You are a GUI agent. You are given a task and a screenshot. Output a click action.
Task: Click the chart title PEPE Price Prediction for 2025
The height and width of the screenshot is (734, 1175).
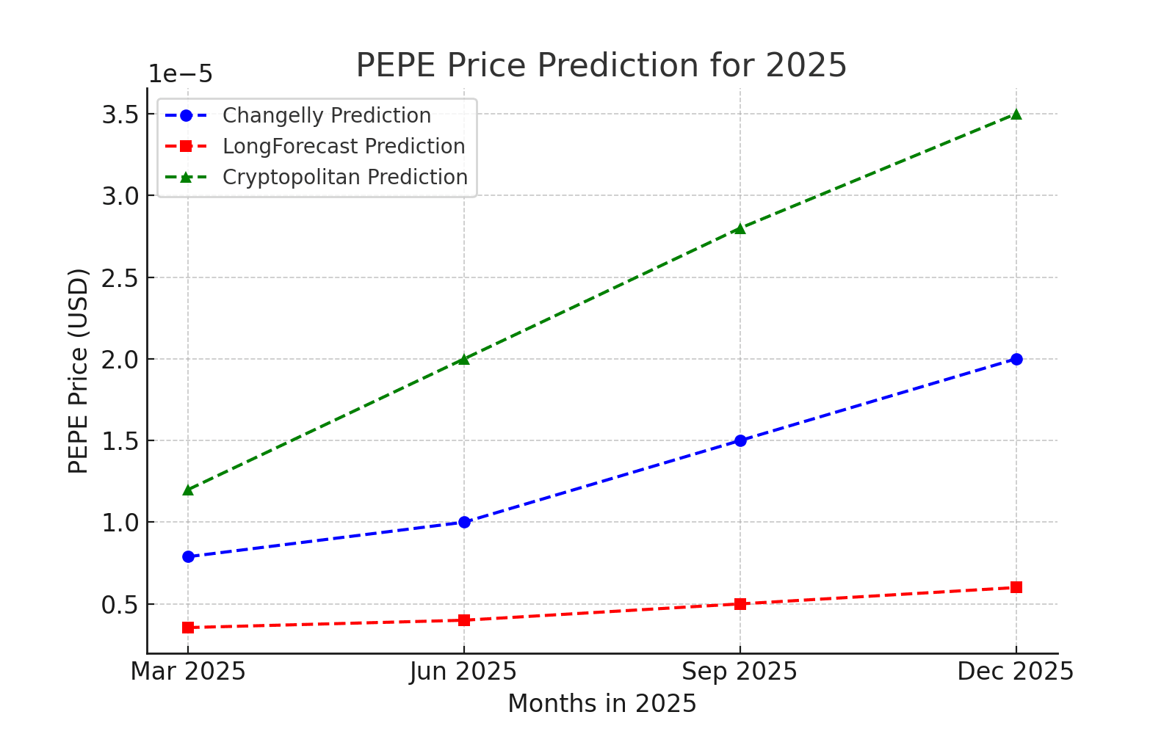601,65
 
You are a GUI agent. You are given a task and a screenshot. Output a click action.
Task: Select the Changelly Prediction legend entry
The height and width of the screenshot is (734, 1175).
326,116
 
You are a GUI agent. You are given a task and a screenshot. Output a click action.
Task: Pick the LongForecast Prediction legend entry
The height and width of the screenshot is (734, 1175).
343,147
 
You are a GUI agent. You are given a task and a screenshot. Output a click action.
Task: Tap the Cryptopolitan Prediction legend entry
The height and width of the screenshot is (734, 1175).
344,178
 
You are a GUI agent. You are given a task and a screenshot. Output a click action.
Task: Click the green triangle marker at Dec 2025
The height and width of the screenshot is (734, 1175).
1016,114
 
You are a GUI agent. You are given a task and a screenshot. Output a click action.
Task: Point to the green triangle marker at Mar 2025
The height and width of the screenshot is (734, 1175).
188,490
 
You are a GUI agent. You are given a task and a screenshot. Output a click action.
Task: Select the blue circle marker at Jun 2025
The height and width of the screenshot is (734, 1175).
464,523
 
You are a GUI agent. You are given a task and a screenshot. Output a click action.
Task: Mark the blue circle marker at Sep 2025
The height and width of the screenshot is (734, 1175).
740,440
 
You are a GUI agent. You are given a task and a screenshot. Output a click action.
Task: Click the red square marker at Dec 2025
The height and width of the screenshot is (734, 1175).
1016,587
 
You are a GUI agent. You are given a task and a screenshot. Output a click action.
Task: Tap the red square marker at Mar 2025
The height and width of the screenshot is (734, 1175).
188,628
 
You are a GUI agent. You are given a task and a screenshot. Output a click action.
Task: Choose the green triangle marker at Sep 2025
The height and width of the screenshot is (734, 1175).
740,228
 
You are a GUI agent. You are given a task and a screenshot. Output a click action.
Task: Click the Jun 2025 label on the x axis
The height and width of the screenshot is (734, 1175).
464,672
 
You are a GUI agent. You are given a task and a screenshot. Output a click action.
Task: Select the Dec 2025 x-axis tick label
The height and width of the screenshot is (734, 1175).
1016,672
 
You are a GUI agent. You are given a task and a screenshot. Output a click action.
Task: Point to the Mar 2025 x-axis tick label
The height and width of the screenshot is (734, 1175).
188,672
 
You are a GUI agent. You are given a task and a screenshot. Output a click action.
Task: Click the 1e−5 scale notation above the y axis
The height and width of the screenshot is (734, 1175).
181,74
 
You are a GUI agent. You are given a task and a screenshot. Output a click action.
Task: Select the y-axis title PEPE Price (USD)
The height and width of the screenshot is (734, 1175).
78,371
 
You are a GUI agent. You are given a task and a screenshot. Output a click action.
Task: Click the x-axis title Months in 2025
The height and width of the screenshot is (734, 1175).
601,704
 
